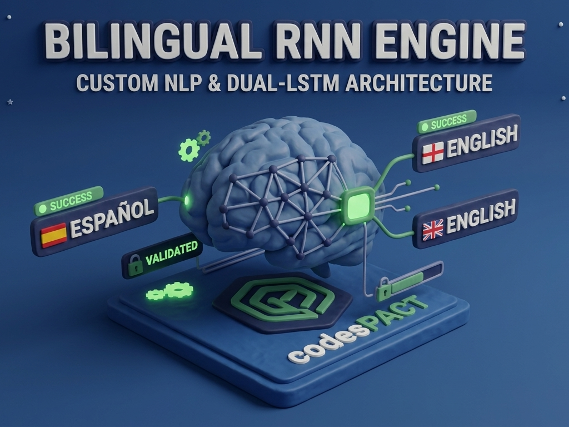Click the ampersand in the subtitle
tap(216, 83)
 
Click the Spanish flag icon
tap(54, 235)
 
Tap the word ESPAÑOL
tap(111, 219)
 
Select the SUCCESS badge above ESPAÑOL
tap(68, 200)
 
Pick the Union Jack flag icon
tap(433, 230)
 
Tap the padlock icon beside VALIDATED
tap(135, 265)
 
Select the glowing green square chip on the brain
tap(358, 206)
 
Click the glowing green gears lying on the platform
tap(170, 290)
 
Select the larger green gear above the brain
tap(189, 150)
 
